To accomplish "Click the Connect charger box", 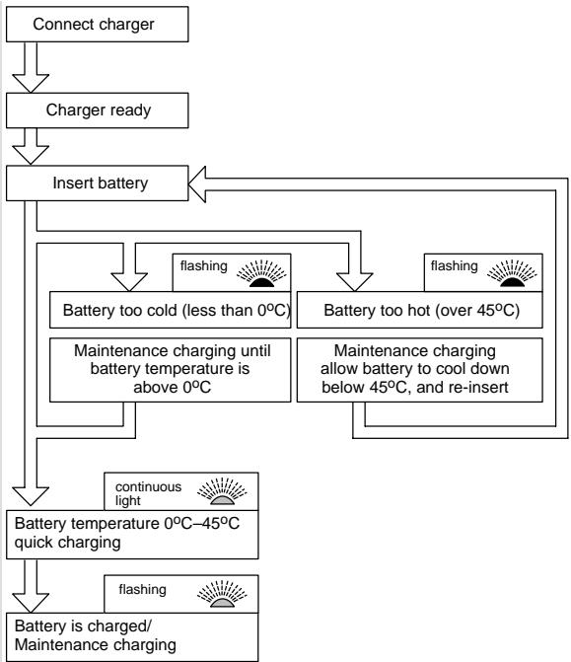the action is pos(97,24).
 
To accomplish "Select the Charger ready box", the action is pos(97,110).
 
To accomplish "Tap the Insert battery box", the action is pos(97,183).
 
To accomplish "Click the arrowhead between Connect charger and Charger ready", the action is pos(31,83).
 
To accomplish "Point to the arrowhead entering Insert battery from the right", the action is pos(196,184).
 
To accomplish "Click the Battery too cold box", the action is pos(170,310).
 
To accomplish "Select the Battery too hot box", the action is pos(419,310).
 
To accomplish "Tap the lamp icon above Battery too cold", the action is pos(261,273).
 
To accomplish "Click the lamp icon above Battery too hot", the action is pos(512,273).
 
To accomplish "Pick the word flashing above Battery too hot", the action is pos(454,266).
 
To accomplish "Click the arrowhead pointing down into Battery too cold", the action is pos(129,282).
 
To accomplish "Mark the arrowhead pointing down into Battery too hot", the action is pos(354,282).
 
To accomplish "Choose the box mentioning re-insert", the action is pos(419,370).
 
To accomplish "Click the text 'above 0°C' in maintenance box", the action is pos(173,387).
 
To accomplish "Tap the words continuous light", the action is pos(148,493).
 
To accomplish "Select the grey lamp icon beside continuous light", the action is pos(222,492).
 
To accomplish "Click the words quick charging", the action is pos(67,542).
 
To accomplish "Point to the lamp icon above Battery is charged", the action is pos(222,594).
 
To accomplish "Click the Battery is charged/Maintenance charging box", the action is pos(132,637).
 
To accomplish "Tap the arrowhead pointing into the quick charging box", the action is pos(31,496).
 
